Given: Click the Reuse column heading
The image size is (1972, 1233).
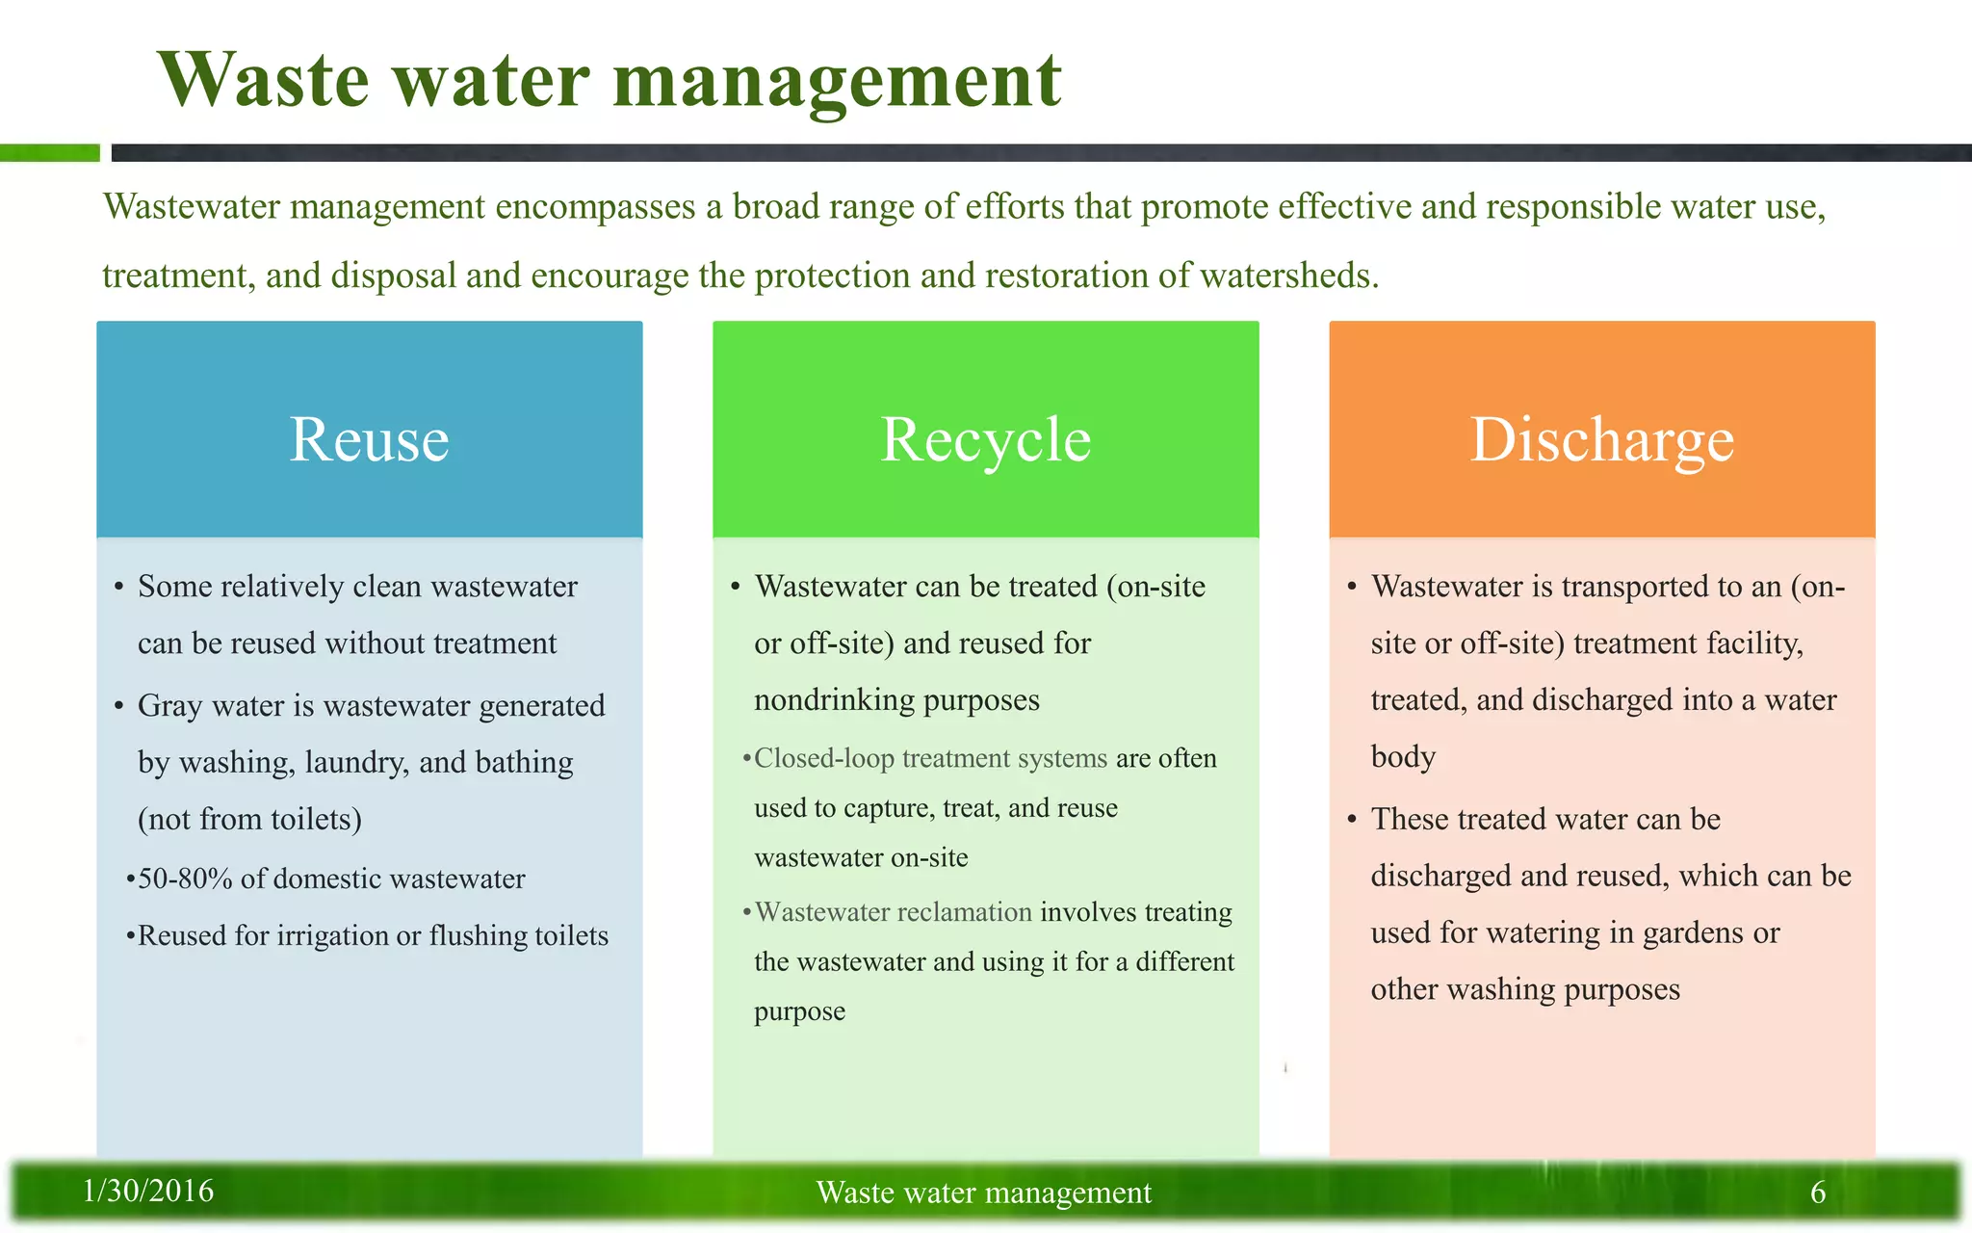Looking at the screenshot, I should click(369, 440).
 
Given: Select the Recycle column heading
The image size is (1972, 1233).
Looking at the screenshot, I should click(985, 440).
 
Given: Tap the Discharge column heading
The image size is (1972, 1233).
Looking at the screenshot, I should click(1601, 440).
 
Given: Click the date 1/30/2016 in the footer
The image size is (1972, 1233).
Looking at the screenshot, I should click(148, 1192).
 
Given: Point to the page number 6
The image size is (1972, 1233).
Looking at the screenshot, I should click(1818, 1193).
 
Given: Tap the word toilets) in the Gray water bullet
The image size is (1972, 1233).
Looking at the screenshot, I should click(316, 820).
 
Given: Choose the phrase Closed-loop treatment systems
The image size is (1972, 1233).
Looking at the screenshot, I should click(930, 759).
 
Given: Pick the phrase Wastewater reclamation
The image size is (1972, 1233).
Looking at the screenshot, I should click(893, 912).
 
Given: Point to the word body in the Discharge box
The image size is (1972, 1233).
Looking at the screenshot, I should click(1403, 757).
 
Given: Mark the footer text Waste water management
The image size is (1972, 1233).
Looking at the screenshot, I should click(983, 1193).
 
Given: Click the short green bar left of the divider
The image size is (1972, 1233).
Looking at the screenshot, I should click(49, 153).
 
